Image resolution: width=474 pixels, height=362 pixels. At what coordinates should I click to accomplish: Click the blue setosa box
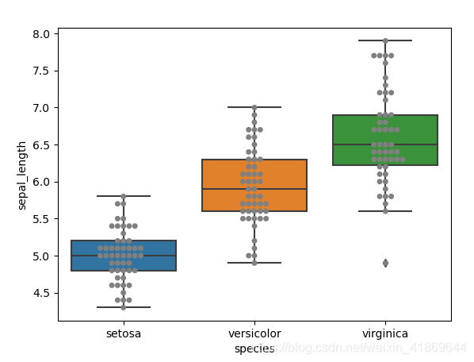pos(124,256)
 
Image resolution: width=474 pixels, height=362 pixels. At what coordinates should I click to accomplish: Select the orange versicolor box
pos(254,185)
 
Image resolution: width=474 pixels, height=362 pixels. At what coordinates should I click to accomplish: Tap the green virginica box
pos(385,140)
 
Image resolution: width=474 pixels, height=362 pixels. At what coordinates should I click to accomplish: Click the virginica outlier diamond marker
pos(385,263)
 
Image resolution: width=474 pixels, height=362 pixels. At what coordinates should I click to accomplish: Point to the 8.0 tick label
pos(41,34)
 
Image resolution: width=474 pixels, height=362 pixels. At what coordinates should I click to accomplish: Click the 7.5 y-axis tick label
pos(41,71)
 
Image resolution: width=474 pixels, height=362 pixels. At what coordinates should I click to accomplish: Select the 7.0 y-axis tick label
pos(41,108)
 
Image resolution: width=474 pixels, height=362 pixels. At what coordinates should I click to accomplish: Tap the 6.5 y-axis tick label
pos(41,145)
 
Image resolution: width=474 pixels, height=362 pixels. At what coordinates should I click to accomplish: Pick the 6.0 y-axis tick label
pos(41,182)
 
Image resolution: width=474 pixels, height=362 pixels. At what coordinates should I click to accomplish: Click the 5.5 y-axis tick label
pos(41,219)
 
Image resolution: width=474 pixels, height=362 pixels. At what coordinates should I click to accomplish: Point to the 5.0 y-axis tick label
pos(41,256)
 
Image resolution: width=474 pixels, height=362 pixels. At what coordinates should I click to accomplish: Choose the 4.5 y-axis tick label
pos(41,293)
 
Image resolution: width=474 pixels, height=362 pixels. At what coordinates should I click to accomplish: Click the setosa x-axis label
pos(124,333)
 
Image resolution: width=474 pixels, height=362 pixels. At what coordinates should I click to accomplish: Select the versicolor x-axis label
pos(254,333)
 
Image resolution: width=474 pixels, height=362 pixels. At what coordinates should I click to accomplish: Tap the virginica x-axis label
pos(385,333)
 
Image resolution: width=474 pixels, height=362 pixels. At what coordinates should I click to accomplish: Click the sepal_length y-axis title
pos(21,175)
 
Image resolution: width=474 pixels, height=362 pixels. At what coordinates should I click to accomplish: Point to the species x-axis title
pos(254,349)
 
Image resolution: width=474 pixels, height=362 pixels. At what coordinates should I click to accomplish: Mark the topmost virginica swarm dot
pos(385,40)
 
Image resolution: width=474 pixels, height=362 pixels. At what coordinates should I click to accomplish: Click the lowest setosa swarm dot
pos(124,307)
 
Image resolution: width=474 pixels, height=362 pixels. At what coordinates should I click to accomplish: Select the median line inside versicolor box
pos(254,189)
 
